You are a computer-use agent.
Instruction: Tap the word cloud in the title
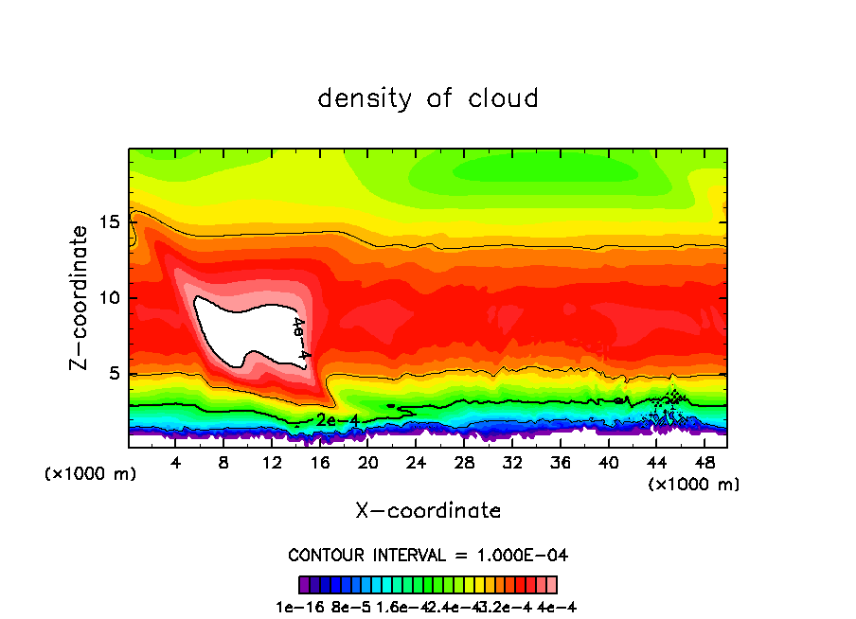[x=504, y=98]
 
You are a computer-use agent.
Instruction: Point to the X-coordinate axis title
[x=428, y=511]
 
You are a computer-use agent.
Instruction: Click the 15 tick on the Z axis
[x=110, y=222]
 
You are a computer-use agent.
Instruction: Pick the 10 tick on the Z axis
[x=110, y=298]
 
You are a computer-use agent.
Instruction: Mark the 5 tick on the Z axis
[x=115, y=374]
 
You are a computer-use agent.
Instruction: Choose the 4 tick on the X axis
[x=176, y=462]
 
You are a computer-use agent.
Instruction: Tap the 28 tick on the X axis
[x=464, y=462]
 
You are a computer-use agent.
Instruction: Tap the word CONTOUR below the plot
[x=324, y=555]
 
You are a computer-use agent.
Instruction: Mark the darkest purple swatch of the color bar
[x=304, y=584]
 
